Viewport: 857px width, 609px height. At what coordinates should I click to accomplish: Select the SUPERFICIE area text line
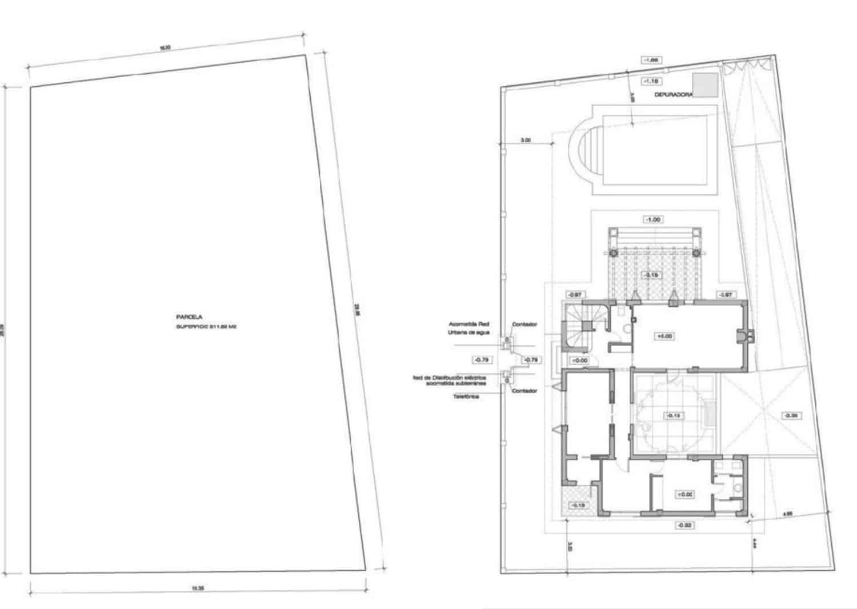pyautogui.click(x=206, y=327)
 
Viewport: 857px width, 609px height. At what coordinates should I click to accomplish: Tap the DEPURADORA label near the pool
pyautogui.click(x=673, y=95)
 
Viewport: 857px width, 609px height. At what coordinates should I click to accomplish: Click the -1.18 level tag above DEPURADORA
pyautogui.click(x=651, y=81)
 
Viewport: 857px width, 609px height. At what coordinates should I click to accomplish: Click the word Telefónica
pyautogui.click(x=466, y=396)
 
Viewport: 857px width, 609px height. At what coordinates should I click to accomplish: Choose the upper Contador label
pyautogui.click(x=524, y=324)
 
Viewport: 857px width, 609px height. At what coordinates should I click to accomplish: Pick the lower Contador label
pyautogui.click(x=524, y=391)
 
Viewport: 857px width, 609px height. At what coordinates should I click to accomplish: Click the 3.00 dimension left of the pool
pyautogui.click(x=526, y=140)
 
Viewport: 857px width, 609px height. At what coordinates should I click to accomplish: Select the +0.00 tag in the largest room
pyautogui.click(x=665, y=336)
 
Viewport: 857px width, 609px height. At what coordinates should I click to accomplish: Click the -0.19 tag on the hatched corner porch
pyautogui.click(x=579, y=505)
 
